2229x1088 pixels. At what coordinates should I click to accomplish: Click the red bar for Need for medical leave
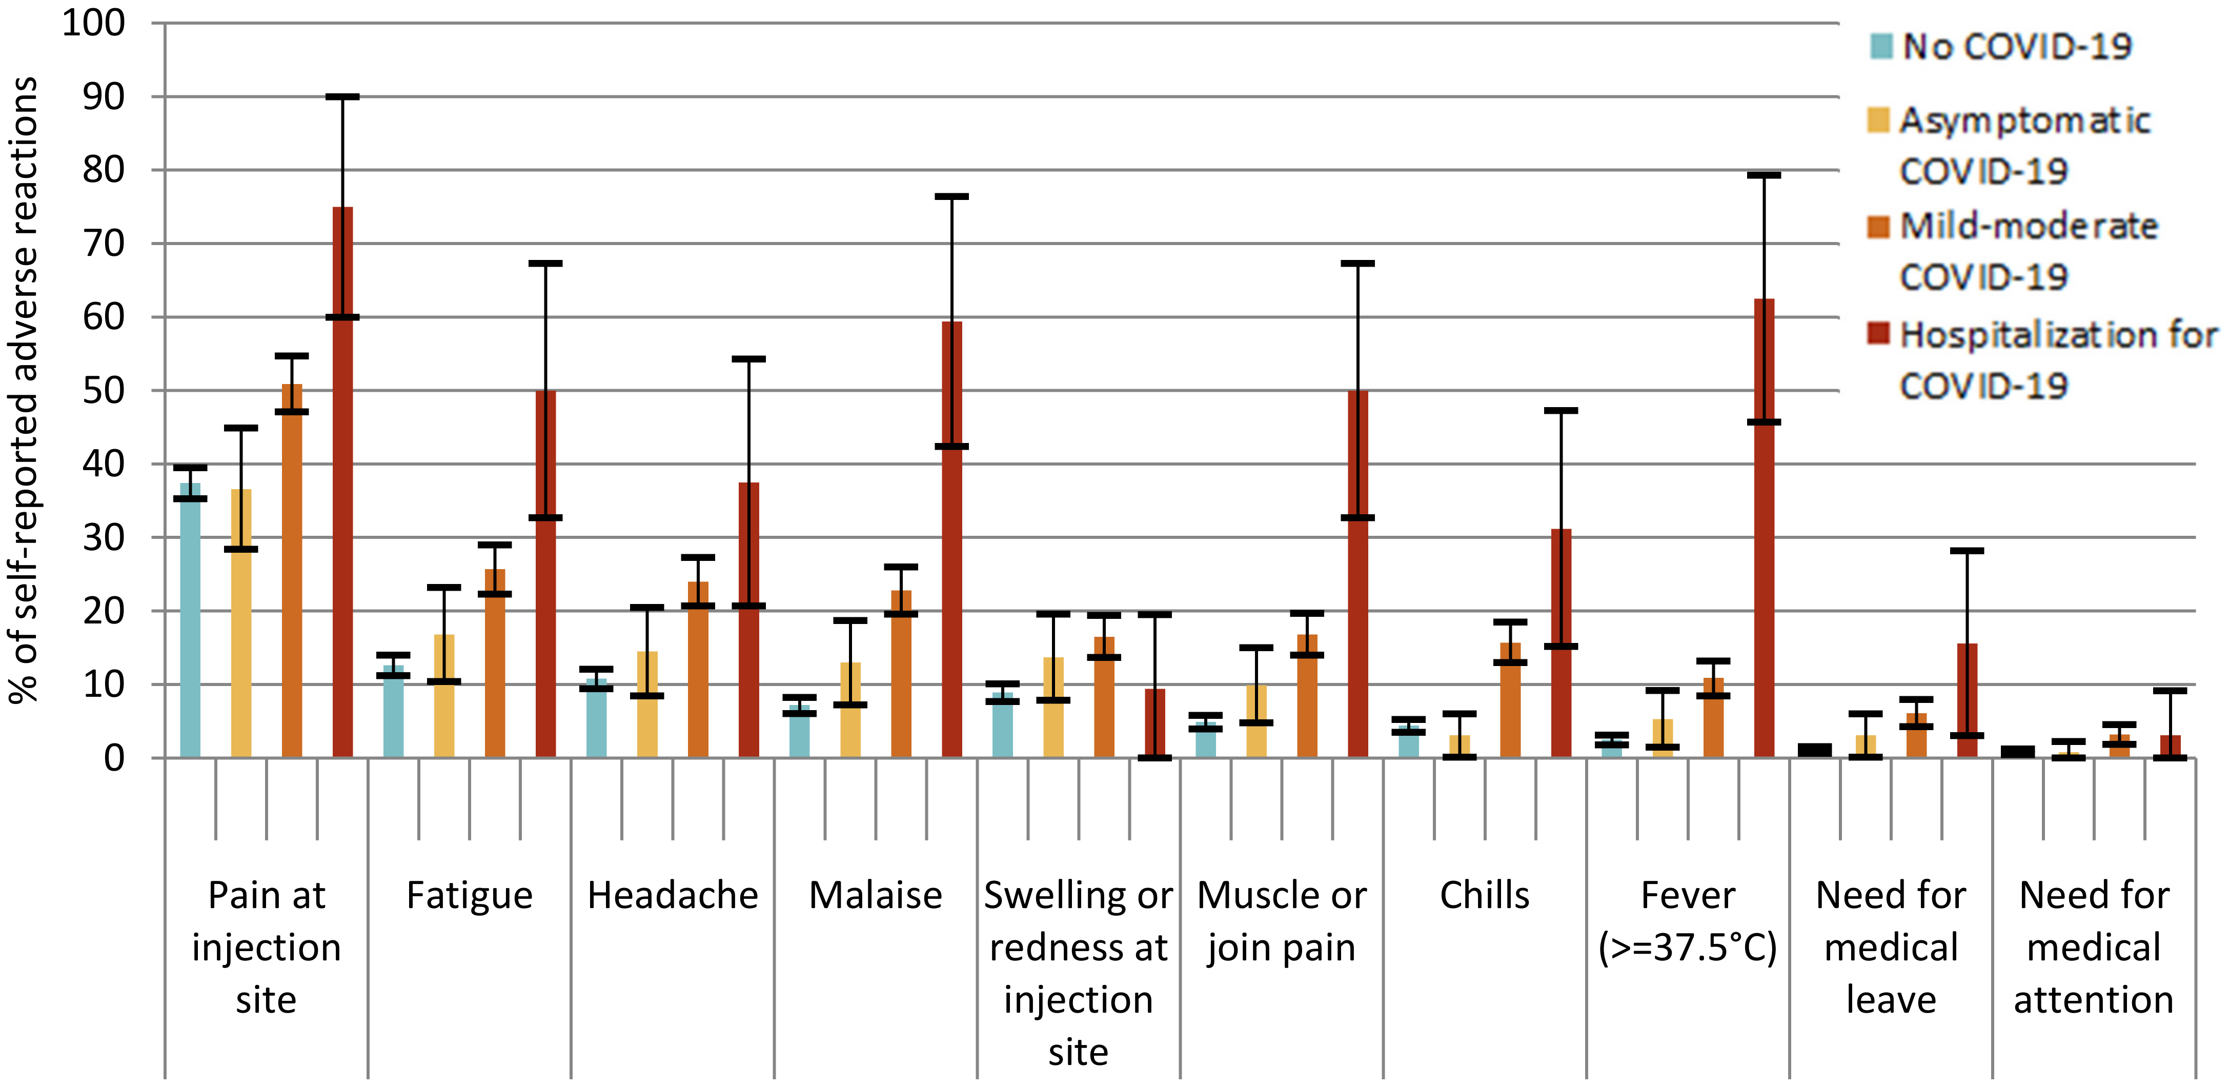click(1967, 700)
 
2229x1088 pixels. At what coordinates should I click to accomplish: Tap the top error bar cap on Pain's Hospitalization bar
click(342, 97)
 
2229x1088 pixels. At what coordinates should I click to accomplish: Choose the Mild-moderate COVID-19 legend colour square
click(1878, 227)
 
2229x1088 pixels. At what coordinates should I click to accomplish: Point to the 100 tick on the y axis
click(93, 24)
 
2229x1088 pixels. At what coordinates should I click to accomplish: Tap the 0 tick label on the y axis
click(114, 758)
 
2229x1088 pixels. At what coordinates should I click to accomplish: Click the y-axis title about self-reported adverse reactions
click(24, 390)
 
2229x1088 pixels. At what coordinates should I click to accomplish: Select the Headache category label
click(672, 895)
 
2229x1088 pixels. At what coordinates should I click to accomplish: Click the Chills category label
click(1484, 895)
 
